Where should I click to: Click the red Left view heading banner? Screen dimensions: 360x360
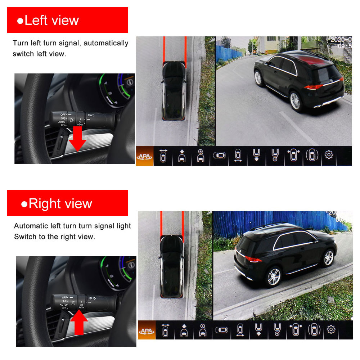pyautogui.click(x=68, y=20)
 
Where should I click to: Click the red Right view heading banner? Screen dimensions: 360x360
pyautogui.click(x=68, y=203)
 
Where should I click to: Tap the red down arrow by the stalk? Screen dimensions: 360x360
pyautogui.click(x=77, y=138)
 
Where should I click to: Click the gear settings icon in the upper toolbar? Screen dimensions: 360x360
pyautogui.click(x=329, y=155)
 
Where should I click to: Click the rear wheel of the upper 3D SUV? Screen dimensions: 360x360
pyautogui.click(x=295, y=100)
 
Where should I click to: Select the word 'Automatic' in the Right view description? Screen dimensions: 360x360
pyautogui.click(x=31, y=226)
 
